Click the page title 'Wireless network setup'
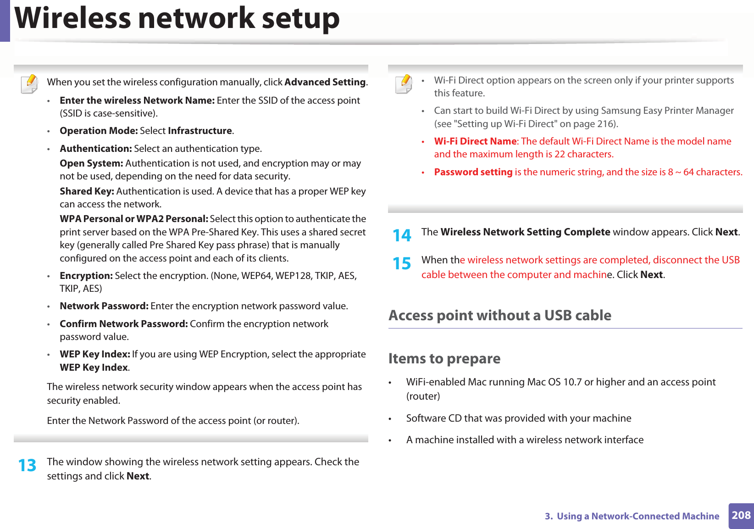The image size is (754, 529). click(177, 18)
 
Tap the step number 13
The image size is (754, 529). click(27, 465)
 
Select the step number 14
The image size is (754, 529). click(402, 235)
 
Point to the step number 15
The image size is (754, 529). click(402, 263)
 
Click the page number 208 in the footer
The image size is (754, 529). click(741, 515)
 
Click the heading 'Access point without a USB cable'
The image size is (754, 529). click(499, 315)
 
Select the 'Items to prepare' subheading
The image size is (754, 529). click(444, 358)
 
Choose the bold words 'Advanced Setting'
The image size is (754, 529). click(325, 82)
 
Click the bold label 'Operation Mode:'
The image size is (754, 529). click(99, 131)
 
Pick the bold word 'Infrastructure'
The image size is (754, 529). click(200, 131)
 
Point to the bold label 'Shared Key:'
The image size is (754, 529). click(87, 191)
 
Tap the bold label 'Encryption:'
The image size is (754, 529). click(86, 276)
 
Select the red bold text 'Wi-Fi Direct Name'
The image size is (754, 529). click(475, 141)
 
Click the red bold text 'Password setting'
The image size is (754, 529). click(473, 172)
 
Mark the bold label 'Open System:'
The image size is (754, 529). click(91, 163)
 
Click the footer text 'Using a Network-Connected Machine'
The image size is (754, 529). click(638, 516)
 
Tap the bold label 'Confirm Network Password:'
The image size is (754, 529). click(123, 324)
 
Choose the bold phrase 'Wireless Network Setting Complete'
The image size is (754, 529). click(525, 232)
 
